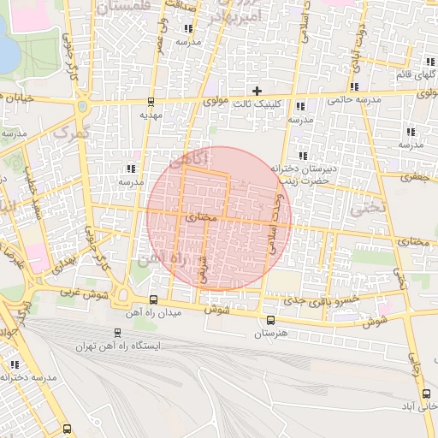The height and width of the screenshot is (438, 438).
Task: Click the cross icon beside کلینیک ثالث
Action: pos(256,91)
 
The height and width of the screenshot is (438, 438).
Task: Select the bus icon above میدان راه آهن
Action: pos(153,299)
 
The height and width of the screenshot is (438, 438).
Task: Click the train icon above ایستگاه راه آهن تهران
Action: pos(117,333)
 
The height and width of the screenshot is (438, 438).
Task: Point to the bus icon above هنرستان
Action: pos(271,321)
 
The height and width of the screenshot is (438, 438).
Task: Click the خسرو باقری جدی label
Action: pos(296,300)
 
